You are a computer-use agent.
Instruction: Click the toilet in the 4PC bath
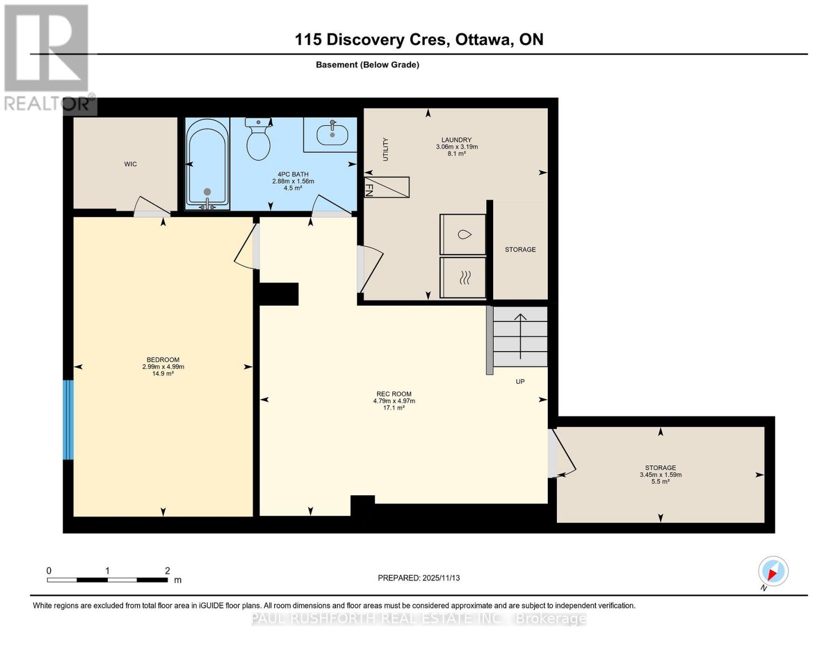(258, 140)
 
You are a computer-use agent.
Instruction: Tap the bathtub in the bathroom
(207, 164)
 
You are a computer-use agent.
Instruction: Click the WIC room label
(130, 164)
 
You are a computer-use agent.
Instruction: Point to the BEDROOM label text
(163, 360)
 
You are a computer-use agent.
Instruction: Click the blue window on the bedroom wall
(68, 420)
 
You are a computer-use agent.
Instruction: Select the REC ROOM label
(394, 394)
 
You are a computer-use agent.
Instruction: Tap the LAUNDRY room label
(457, 140)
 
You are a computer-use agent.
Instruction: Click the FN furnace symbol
(387, 187)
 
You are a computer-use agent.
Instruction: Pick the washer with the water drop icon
(463, 234)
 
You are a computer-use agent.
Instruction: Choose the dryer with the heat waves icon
(463, 278)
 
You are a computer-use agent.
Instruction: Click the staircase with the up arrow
(520, 336)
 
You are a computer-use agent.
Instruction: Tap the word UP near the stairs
(520, 382)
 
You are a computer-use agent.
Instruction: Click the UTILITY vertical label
(385, 150)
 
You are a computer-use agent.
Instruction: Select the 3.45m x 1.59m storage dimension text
(660, 475)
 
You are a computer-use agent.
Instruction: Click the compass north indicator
(773, 571)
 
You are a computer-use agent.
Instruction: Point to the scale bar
(107, 580)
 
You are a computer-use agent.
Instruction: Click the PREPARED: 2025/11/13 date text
(419, 578)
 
